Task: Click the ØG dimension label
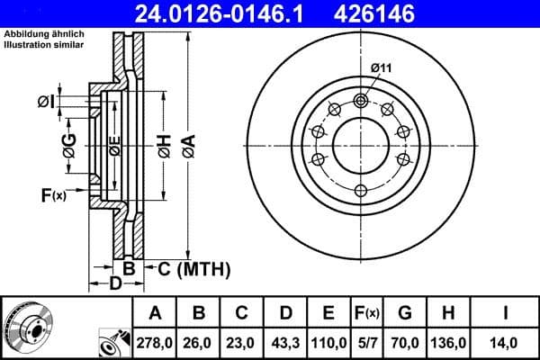click(x=68, y=143)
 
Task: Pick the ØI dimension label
click(x=47, y=102)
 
